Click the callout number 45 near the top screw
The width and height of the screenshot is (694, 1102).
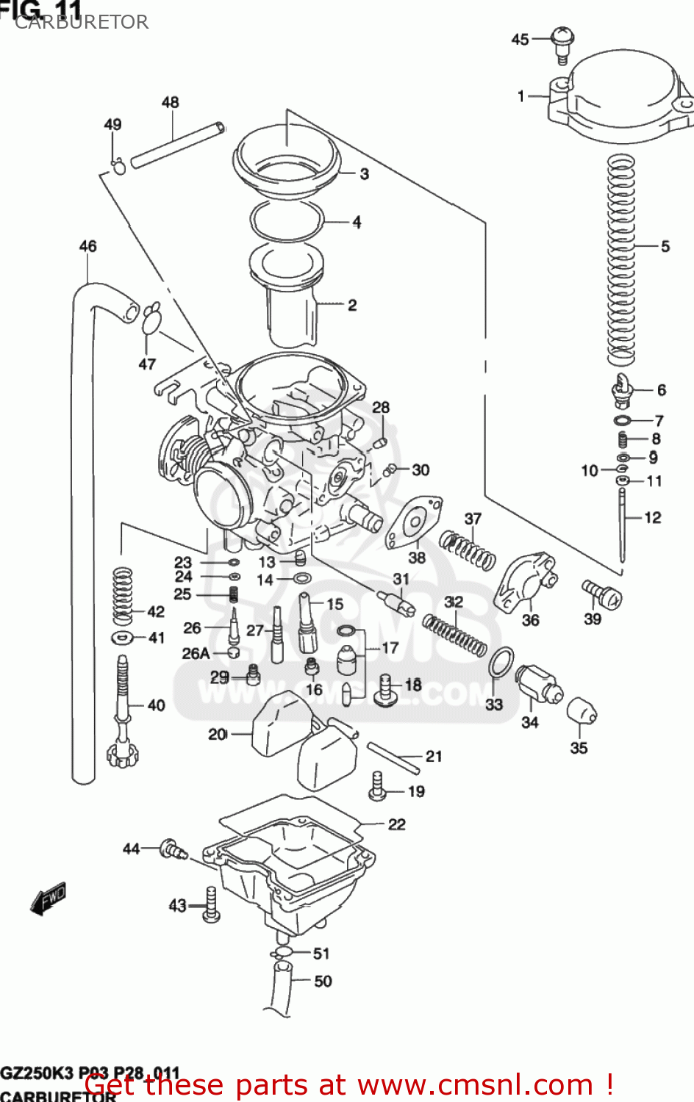tap(520, 40)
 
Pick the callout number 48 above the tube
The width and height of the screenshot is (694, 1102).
tap(170, 102)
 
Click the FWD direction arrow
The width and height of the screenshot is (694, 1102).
tap(49, 898)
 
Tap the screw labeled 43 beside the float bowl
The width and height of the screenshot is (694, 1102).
tap(210, 904)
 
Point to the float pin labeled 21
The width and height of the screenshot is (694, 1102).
tap(393, 757)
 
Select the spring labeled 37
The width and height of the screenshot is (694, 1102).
tap(468, 550)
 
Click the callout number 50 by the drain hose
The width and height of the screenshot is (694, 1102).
tap(323, 981)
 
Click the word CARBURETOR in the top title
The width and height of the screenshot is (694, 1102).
tap(82, 22)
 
